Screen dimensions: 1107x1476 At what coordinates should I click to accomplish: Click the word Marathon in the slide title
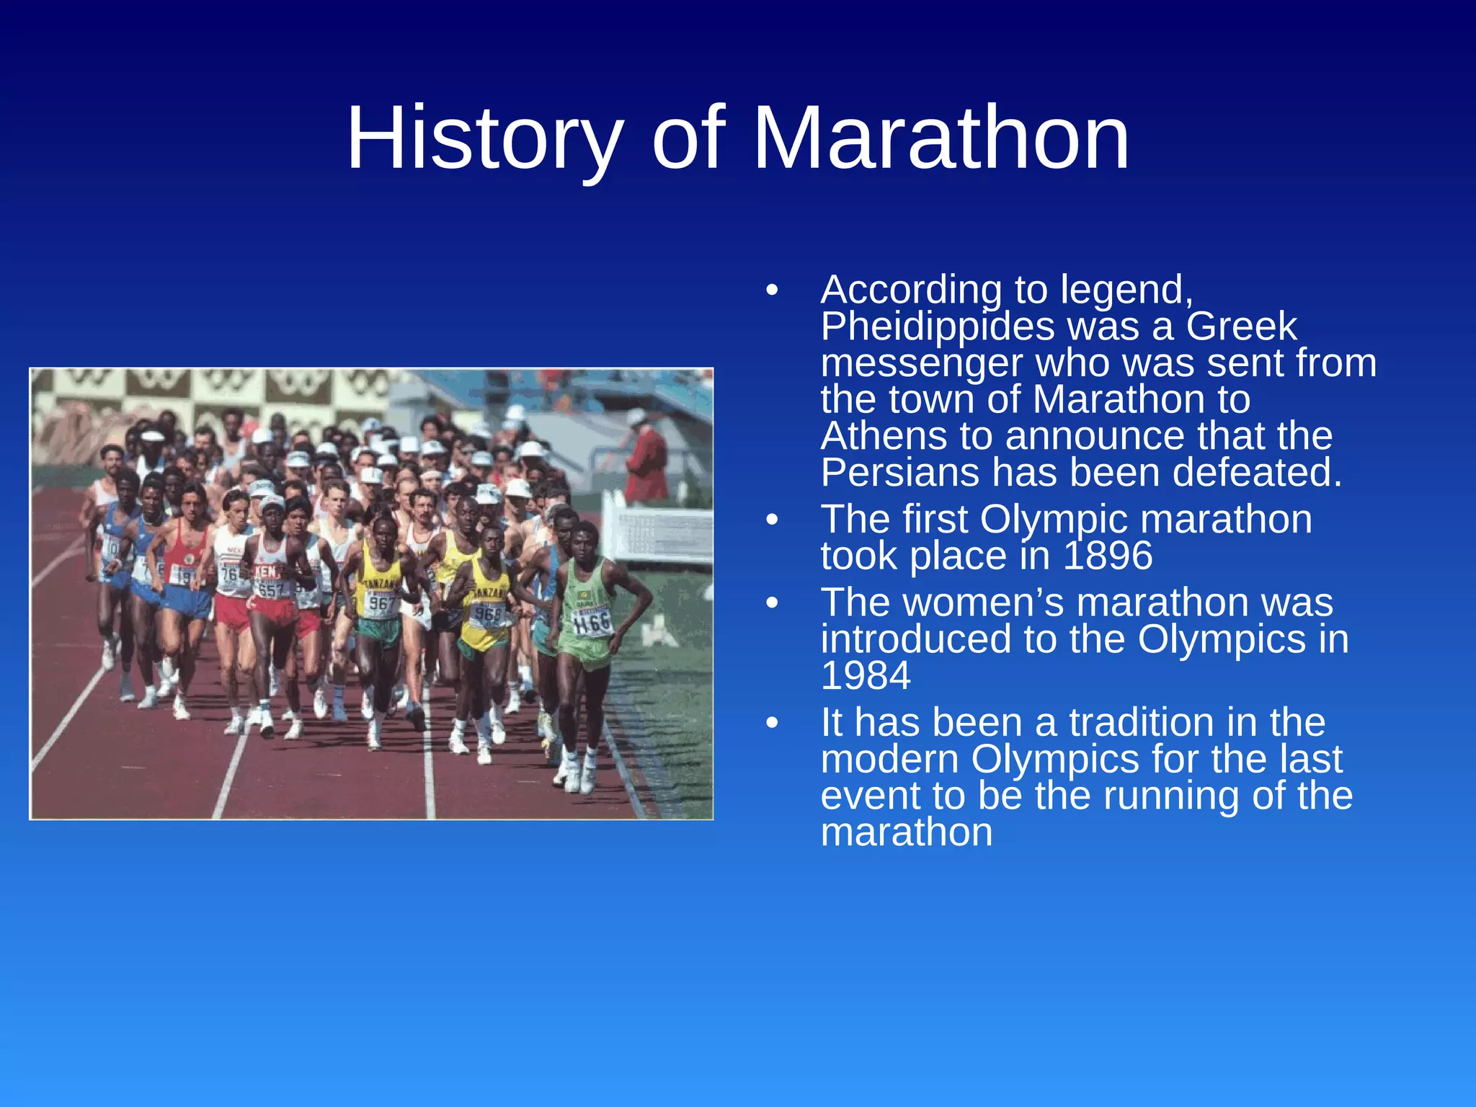pyautogui.click(x=940, y=138)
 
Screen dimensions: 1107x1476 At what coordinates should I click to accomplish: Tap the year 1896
pyautogui.click(x=1108, y=556)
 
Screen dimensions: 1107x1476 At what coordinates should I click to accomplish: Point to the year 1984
pyautogui.click(x=866, y=676)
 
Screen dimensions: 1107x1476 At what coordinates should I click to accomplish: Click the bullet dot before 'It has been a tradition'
pyautogui.click(x=773, y=723)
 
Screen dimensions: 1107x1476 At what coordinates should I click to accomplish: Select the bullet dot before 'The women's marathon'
pyautogui.click(x=773, y=603)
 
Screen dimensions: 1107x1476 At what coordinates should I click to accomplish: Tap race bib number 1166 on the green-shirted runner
pyautogui.click(x=592, y=622)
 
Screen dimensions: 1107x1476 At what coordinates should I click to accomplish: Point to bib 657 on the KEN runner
pyautogui.click(x=270, y=590)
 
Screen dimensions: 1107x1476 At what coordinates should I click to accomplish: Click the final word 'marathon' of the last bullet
pyautogui.click(x=906, y=832)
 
